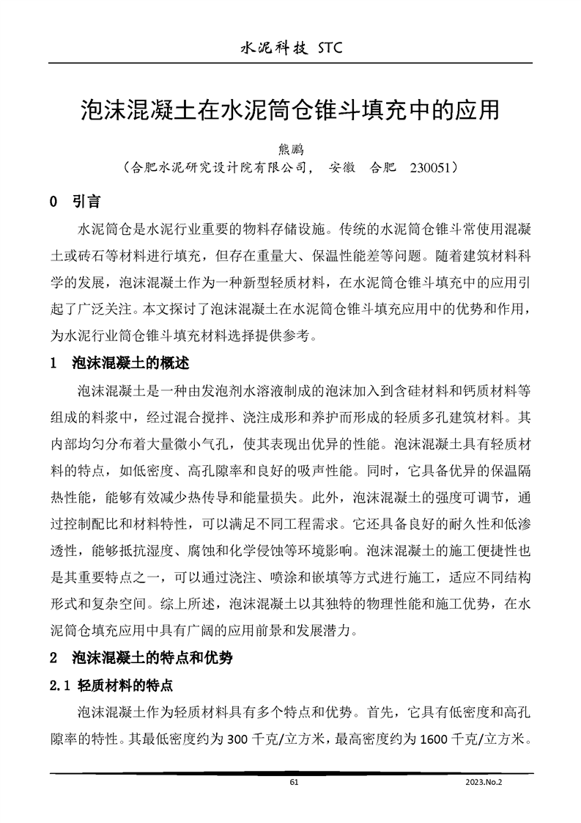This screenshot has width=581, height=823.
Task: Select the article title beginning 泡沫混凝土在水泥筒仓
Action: coord(290,111)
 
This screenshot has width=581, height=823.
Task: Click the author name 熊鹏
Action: coord(291,150)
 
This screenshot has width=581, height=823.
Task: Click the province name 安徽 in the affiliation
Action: coord(343,167)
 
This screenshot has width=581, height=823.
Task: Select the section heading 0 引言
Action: coord(75,201)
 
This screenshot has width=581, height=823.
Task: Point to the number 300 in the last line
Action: coord(240,739)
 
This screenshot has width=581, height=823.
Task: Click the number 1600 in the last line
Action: coord(434,739)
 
